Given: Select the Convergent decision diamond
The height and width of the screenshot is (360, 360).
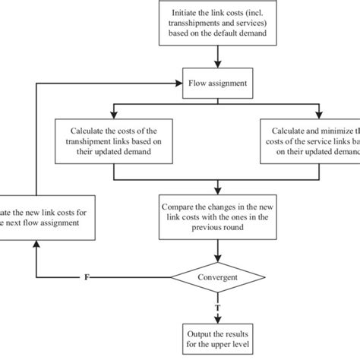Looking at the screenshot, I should pyautogui.click(x=219, y=279).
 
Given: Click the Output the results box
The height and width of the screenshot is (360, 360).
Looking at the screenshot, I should pyautogui.click(x=219, y=338).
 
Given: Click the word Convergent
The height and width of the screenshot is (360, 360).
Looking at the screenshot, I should pyautogui.click(x=219, y=279).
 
